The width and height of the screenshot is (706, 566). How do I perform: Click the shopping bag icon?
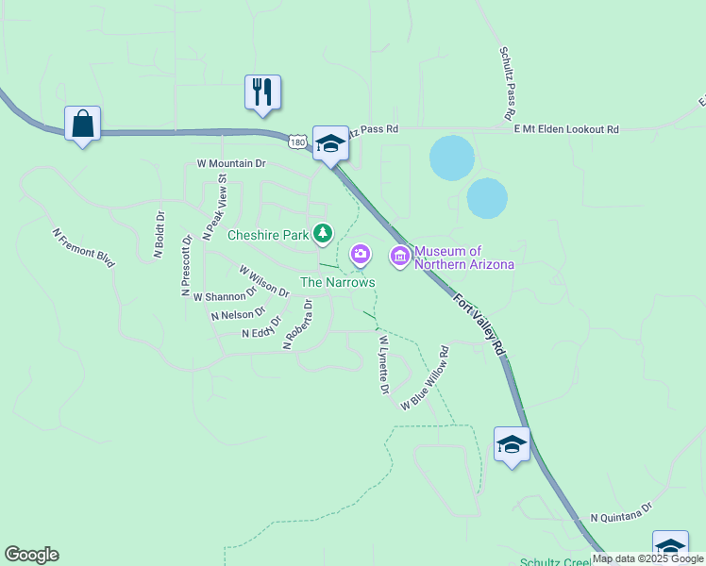click(x=83, y=124)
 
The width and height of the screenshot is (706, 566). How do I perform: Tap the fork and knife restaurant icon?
click(x=263, y=92)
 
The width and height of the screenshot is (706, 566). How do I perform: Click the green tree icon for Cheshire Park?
click(x=324, y=232)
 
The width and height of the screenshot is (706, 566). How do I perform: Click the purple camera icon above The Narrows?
click(x=360, y=254)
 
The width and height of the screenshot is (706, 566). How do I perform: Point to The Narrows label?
click(x=338, y=282)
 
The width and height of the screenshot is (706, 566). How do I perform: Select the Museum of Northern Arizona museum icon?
click(x=400, y=255)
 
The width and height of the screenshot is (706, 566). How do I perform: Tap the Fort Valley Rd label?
click(x=479, y=325)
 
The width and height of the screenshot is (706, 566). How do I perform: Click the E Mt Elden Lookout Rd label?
click(x=566, y=129)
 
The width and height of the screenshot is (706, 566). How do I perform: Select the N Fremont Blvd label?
click(x=83, y=247)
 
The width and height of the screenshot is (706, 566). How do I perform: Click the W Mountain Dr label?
click(x=231, y=163)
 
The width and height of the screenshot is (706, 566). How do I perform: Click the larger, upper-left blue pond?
click(x=452, y=158)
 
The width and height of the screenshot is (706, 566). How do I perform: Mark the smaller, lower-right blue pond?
click(x=487, y=198)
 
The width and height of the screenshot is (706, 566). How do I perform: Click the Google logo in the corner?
click(x=31, y=555)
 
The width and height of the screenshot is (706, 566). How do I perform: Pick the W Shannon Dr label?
click(x=225, y=296)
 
